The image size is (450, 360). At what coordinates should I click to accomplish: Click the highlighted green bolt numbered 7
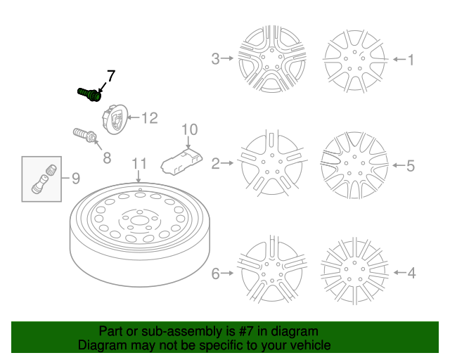pos(88,94)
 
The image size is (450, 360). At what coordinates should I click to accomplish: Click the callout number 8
pos(107,158)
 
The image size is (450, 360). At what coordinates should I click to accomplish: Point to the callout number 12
pos(149,118)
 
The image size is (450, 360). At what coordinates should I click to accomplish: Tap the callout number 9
pos(75,177)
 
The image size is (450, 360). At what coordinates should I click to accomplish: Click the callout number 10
pos(190,129)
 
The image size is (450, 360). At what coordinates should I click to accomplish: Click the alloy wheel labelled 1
pos(354,59)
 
